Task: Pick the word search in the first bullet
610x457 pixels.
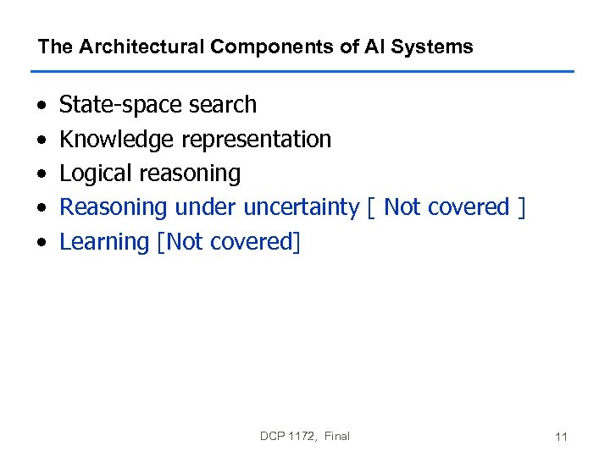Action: tap(223, 105)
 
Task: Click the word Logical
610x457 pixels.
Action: tap(96, 173)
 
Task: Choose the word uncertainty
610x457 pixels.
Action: tap(302, 207)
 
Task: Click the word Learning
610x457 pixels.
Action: tap(104, 242)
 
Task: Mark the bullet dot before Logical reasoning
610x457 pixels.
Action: tap(41, 174)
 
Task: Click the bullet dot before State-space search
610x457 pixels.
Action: tap(41, 106)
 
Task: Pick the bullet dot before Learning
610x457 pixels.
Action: tap(41, 243)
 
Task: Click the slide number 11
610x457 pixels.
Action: tap(561, 438)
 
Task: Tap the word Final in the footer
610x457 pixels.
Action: tap(336, 437)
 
